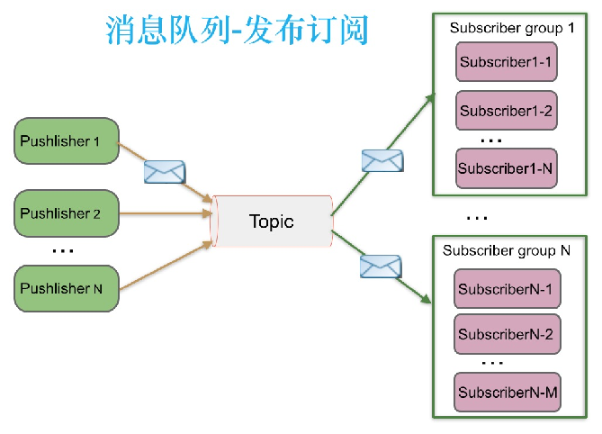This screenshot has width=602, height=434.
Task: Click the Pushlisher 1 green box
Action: point(67,141)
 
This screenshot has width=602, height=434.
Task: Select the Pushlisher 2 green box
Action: point(67,213)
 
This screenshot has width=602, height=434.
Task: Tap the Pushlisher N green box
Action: point(67,288)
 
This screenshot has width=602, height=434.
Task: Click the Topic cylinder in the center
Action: point(271,222)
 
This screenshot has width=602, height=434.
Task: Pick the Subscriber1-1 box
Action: point(505,62)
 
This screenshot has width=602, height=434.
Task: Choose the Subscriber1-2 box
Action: point(505,112)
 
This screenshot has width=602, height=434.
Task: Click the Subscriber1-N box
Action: point(505,168)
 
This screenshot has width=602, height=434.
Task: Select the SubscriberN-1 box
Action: point(505,290)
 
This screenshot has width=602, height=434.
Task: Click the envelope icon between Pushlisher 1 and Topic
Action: point(164,171)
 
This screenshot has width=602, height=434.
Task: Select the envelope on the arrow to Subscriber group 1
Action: point(382,160)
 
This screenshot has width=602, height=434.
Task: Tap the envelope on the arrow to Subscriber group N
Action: point(380,267)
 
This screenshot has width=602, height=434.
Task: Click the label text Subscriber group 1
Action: point(512,28)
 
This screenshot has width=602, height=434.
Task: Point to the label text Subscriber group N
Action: point(507,250)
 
